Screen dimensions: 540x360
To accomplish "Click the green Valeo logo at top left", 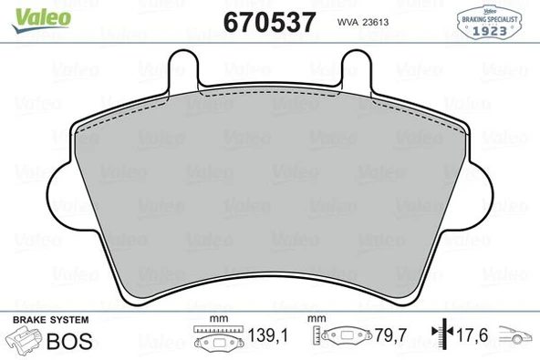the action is (x=41, y=20).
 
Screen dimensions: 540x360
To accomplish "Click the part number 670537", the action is (x=269, y=22).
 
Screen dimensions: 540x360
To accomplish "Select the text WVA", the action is (x=348, y=23).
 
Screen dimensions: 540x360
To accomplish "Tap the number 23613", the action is (x=376, y=23).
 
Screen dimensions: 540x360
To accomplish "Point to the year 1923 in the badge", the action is (x=489, y=31).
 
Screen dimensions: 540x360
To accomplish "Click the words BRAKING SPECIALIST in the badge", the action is (x=489, y=19).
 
